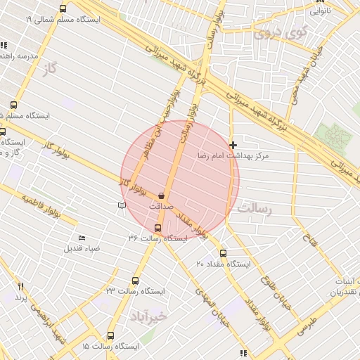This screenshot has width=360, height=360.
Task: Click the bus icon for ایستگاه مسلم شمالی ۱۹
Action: coord(63,9)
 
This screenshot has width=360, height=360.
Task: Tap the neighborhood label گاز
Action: coord(49,67)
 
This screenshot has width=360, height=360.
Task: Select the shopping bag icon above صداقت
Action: coord(162,195)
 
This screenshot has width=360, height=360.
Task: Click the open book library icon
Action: coord(122,205)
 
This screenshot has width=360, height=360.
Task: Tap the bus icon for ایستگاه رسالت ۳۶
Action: coord(157,227)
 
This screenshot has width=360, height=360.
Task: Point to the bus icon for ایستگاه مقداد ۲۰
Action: coord(224,253)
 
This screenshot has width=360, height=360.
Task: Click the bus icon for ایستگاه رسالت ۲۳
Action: coord(135,280)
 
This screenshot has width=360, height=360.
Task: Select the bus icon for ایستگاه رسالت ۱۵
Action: coord(110,336)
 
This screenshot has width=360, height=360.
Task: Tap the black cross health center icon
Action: coord(233,144)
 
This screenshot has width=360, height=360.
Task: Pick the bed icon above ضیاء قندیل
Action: coord(82,238)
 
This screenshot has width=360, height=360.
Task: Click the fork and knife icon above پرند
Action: coord(21,286)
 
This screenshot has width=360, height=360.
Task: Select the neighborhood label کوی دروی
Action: coord(281,32)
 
